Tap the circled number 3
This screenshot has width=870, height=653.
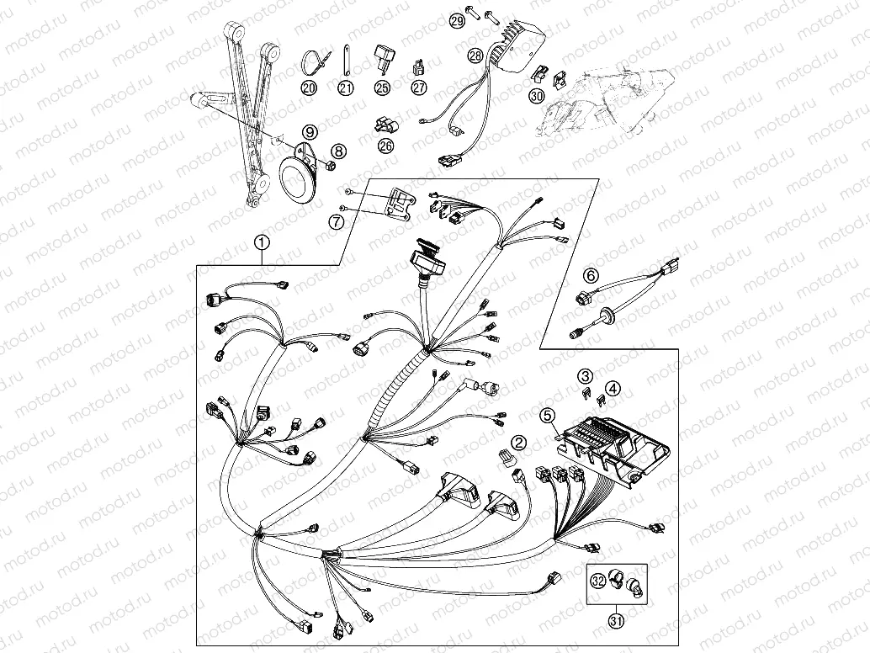(585, 375)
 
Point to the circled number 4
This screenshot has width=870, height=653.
(613, 389)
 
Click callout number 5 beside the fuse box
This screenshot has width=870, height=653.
(548, 414)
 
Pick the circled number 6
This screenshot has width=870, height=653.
(591, 275)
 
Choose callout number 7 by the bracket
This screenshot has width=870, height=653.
(336, 222)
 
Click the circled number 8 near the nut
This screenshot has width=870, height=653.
(338, 151)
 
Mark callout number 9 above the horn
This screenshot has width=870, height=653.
(310, 131)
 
